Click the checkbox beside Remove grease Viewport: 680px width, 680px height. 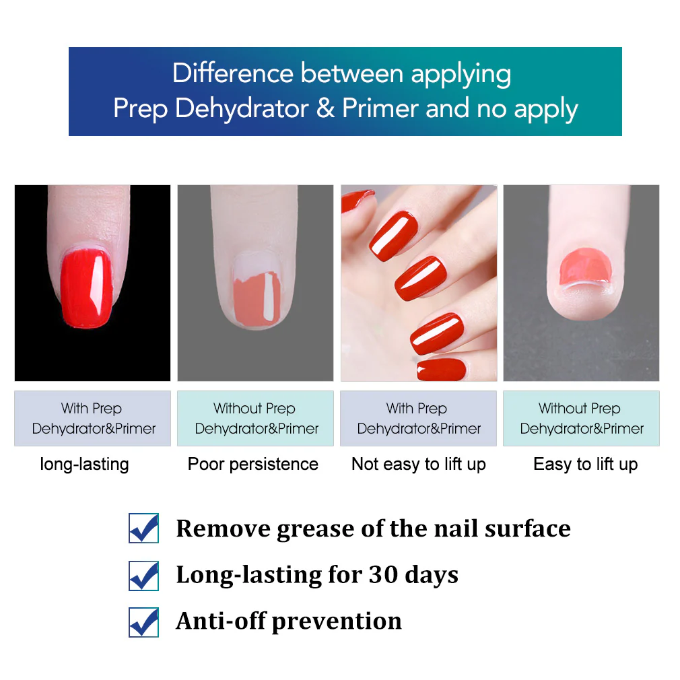pos(143,529)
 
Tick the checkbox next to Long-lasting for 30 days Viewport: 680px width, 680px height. pos(143,575)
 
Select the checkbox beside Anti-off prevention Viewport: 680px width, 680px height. pos(143,621)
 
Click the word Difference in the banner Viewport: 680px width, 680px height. pos(233,73)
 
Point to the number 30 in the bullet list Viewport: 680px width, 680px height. pos(382,575)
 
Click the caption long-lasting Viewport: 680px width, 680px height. pos(84,464)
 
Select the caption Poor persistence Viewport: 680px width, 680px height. pos(253,464)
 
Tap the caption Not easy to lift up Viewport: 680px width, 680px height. pos(418,464)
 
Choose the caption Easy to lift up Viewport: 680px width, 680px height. pos(585,464)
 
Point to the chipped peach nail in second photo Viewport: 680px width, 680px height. pos(256,296)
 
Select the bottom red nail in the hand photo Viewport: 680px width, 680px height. pos(441,369)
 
